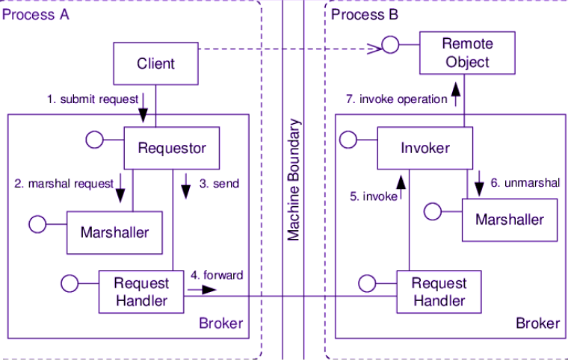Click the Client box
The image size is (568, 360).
pyautogui.click(x=155, y=63)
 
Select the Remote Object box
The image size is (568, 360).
pyautogui.click(x=466, y=52)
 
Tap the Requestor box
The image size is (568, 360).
pyautogui.click(x=172, y=147)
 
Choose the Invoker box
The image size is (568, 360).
pyautogui.click(x=425, y=148)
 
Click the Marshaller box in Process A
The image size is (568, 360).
pyautogui.click(x=114, y=232)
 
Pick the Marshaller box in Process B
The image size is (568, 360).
pyautogui.click(x=510, y=220)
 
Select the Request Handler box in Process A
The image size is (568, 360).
pyautogui.click(x=141, y=292)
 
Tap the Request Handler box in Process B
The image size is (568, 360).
pyautogui.click(x=439, y=292)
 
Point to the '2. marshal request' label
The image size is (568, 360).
pyautogui.click(x=64, y=183)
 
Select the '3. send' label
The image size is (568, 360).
pyautogui.click(x=220, y=183)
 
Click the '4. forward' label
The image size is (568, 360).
pyautogui.click(x=217, y=275)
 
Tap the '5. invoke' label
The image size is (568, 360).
pyautogui.click(x=373, y=196)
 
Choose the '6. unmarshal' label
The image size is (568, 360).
pyautogui.click(x=525, y=183)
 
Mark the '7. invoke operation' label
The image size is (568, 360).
pyautogui.click(x=396, y=99)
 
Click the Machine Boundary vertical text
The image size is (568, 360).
pyautogui.click(x=294, y=179)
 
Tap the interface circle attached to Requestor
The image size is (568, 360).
pyautogui.click(x=94, y=139)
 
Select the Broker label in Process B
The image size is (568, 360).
pyautogui.click(x=537, y=323)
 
